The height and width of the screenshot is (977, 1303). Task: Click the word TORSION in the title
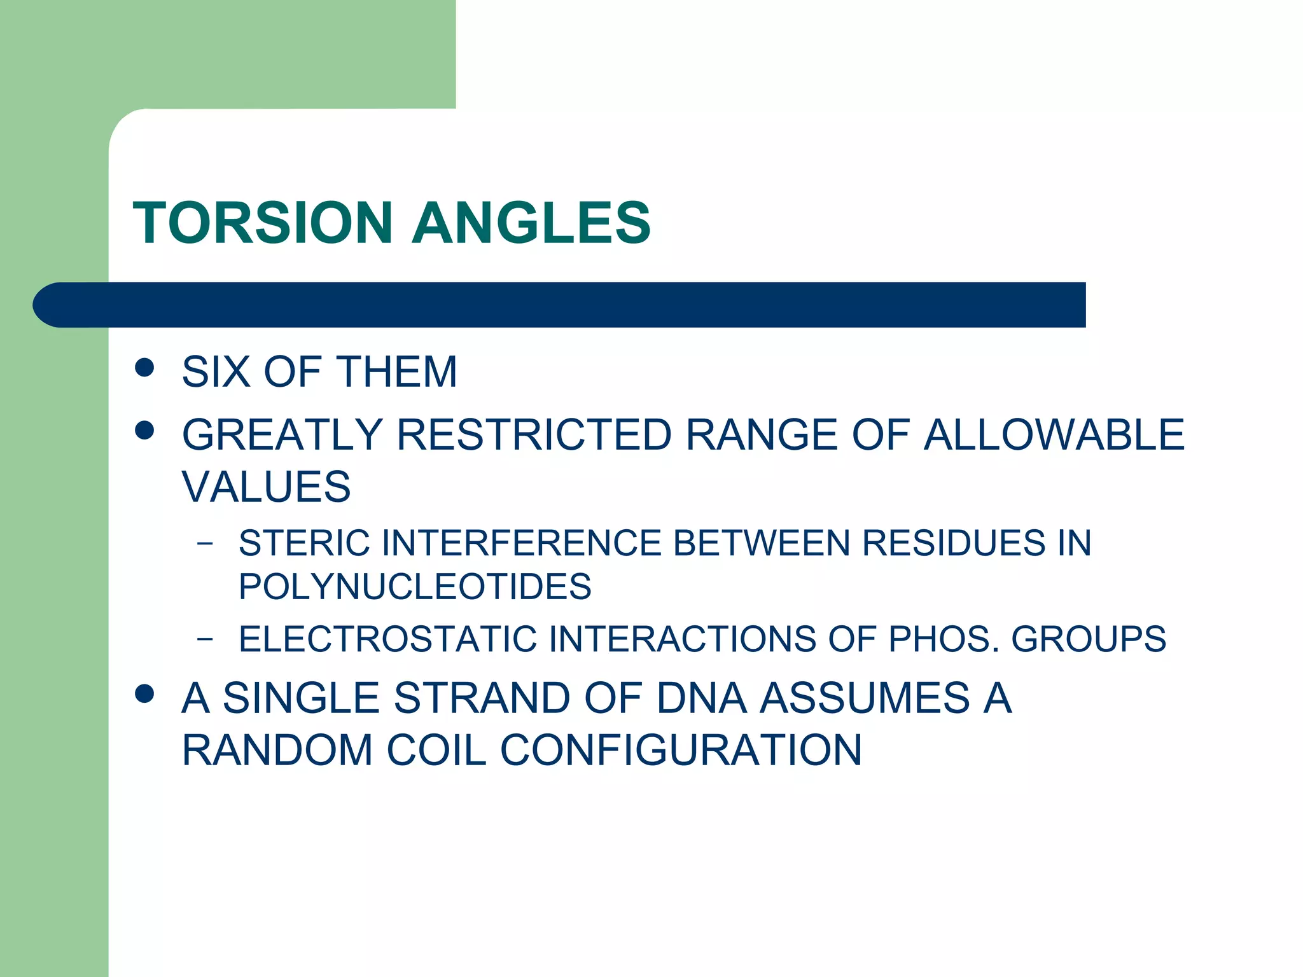click(262, 223)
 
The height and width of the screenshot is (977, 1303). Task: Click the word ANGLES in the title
click(531, 223)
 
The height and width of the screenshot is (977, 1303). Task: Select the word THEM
click(397, 371)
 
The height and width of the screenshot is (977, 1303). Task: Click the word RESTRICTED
click(534, 435)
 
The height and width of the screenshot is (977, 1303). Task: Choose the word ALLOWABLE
click(1054, 435)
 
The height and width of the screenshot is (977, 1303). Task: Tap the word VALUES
click(266, 487)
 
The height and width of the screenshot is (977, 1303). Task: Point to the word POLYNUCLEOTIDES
click(415, 586)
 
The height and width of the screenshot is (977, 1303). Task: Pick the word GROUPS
click(1089, 639)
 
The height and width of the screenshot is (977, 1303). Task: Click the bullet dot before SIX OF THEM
click(145, 368)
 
